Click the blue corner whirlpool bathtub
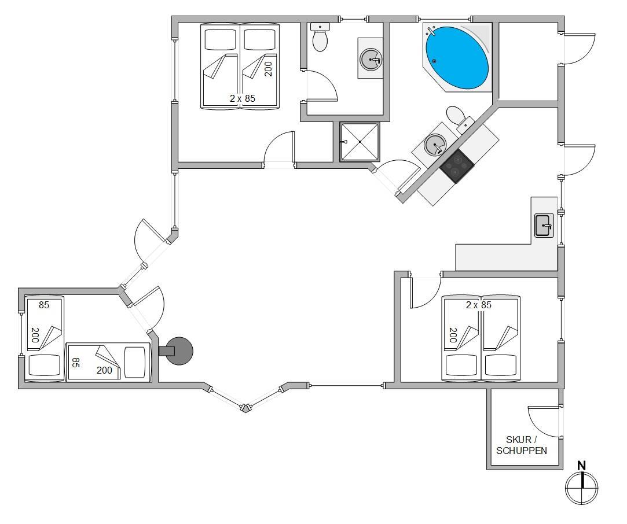tap(457, 57)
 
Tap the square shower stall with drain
tap(359, 142)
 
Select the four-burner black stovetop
tap(457, 166)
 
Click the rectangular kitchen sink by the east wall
tap(544, 226)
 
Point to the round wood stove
tap(179, 350)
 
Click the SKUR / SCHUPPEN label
tap(522, 445)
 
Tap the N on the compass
tap(581, 465)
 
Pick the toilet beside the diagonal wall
tap(459, 118)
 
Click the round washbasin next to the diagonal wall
tap(435, 145)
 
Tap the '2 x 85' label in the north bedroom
tap(243, 98)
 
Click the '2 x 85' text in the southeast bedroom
tap(479, 305)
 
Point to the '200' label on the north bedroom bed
tap(268, 69)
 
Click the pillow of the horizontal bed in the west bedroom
tap(135, 362)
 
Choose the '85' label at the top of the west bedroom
tap(44, 305)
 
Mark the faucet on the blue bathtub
tap(431, 32)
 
